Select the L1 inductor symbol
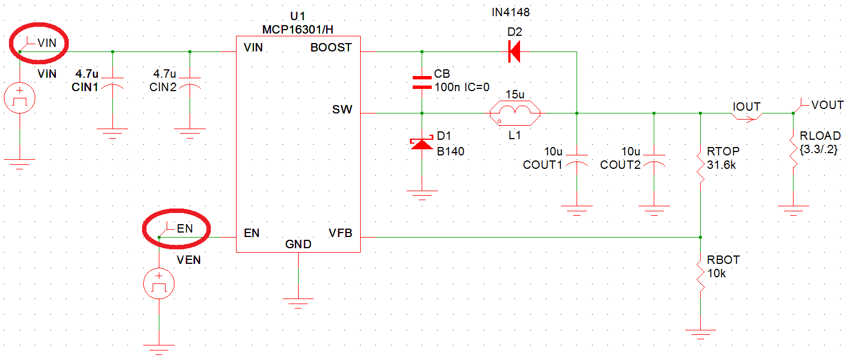[x=514, y=113]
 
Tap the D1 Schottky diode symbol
[x=422, y=144]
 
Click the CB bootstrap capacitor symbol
[x=422, y=83]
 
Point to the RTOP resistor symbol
[x=700, y=165]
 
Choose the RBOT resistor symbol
[x=700, y=274]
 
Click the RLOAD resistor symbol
[x=793, y=150]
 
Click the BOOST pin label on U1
[x=331, y=48]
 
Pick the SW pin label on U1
[x=342, y=110]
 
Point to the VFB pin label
[x=340, y=233]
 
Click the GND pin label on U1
[x=297, y=244]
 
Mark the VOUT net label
[x=827, y=105]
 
